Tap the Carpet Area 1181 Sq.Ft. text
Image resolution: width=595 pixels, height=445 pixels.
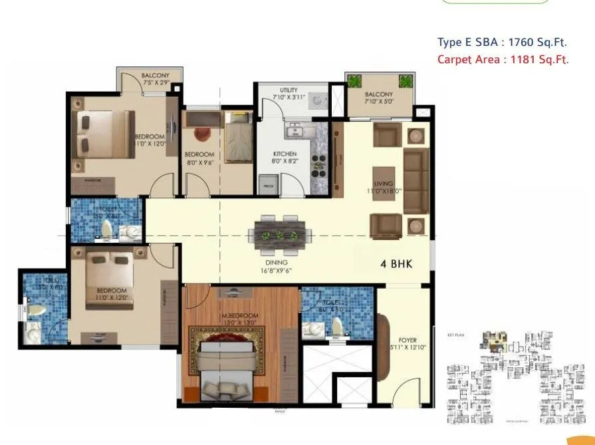point(503,59)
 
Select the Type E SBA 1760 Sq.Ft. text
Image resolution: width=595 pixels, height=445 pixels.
point(502,43)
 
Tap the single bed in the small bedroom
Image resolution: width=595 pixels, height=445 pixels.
point(236,136)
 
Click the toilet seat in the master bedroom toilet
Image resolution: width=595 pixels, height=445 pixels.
point(336,326)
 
